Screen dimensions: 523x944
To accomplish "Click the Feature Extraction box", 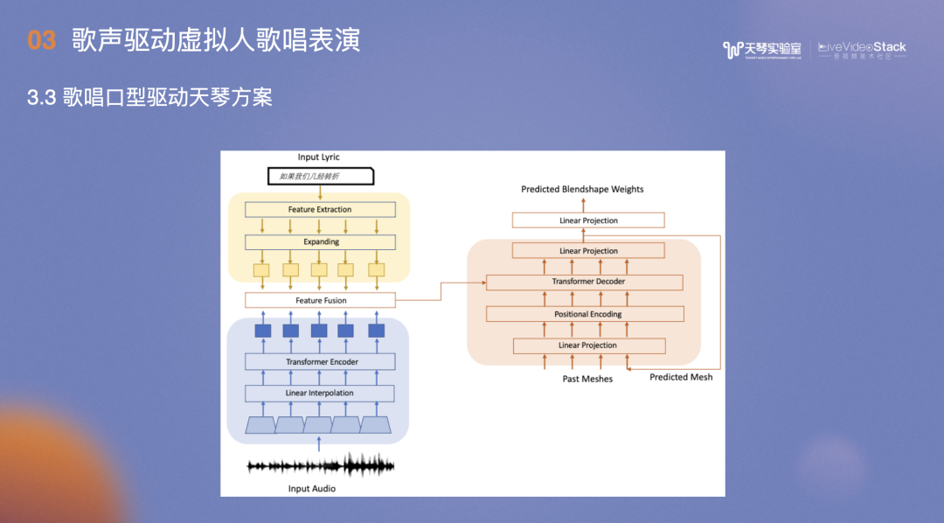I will tap(320, 210).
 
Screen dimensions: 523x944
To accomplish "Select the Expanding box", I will tap(320, 241).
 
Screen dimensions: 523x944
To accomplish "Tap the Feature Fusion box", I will tap(320, 300).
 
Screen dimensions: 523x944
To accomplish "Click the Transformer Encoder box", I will tap(320, 361).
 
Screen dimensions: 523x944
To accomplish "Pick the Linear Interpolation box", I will tap(320, 393).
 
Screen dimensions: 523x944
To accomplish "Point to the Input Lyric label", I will tap(318, 157).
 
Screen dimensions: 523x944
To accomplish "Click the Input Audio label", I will tap(311, 488).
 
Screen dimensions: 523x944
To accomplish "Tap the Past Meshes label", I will tap(587, 379).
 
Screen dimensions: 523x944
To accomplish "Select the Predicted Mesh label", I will tap(681, 377).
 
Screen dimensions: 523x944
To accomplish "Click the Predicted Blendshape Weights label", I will tap(582, 189).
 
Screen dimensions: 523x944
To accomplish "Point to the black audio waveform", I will tap(318, 465).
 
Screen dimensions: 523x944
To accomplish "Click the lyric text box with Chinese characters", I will tap(320, 177).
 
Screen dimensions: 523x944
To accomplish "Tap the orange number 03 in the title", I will tap(42, 40).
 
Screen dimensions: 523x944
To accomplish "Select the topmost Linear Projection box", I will tap(587, 220).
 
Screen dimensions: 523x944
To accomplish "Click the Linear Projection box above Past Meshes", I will tap(587, 345).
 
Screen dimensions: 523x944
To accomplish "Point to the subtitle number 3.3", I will tap(41, 97).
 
